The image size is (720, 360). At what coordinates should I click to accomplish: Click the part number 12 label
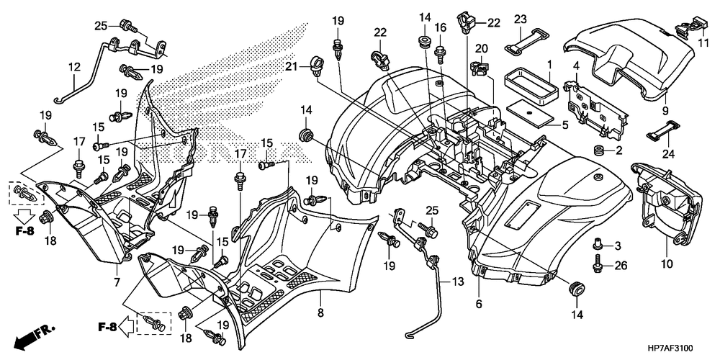(x=74, y=67)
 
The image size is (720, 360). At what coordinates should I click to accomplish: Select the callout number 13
(x=456, y=282)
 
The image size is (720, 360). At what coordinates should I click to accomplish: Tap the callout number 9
(x=665, y=110)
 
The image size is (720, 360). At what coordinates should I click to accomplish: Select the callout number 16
(x=441, y=27)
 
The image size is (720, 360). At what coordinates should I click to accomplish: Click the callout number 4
(x=576, y=67)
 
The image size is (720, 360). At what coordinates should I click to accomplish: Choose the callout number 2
(x=618, y=150)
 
